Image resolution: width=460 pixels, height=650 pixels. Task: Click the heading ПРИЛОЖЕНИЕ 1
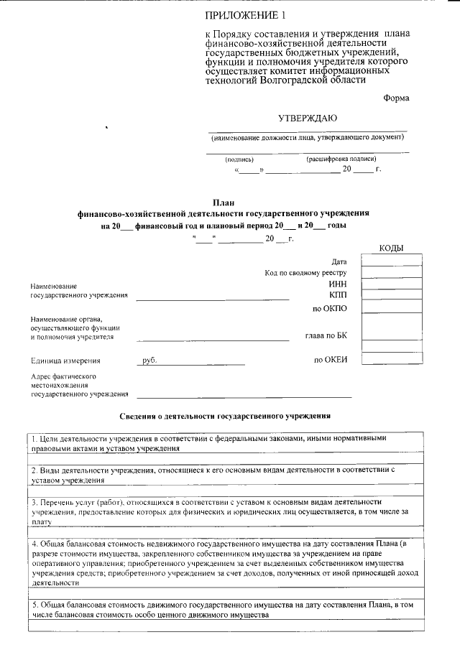(x=241, y=15)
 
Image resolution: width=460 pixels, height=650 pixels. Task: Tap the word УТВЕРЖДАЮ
(x=308, y=118)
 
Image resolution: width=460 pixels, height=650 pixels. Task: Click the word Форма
(x=397, y=98)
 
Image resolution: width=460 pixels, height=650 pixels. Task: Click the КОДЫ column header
(x=391, y=249)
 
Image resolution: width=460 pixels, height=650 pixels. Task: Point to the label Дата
(x=339, y=261)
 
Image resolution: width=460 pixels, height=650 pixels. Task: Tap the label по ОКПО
(x=330, y=309)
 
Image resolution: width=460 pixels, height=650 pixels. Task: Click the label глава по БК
(x=326, y=335)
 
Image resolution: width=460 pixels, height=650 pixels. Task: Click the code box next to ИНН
(x=386, y=284)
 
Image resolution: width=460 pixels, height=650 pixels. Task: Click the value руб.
(x=149, y=361)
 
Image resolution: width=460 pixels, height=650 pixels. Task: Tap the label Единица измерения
(x=66, y=361)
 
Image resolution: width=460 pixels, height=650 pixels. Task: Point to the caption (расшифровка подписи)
(x=341, y=159)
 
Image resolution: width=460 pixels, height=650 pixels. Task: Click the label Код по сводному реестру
(x=305, y=273)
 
